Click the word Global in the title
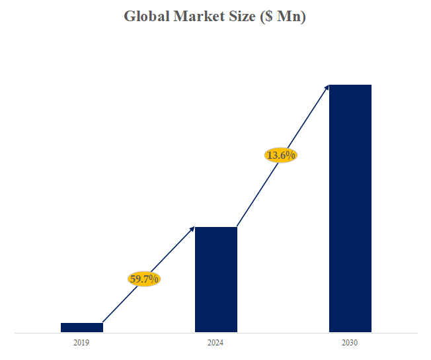pos(146,17)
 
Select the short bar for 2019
pos(82,327)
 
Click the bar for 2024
pos(216,279)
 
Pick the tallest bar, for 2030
pos(350,208)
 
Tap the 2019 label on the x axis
pos(81,343)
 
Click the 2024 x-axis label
pos(215,343)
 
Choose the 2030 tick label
pos(350,343)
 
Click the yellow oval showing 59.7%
pos(144,279)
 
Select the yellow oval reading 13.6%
pos(280,155)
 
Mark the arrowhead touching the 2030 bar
pos(327,87)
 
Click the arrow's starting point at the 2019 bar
pos(104,322)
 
